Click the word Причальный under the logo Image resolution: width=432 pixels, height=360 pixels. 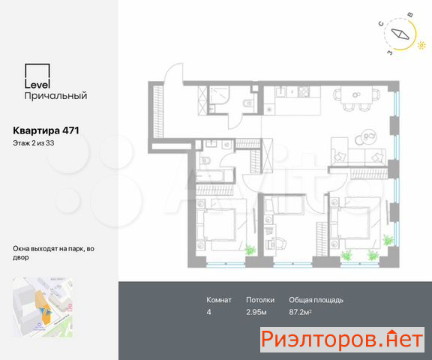pos(55,95)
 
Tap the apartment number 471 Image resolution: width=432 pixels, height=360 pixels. pos(70,130)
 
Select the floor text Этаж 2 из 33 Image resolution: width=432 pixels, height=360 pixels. pos(34,143)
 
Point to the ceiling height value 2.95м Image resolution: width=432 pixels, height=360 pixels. pos(256,312)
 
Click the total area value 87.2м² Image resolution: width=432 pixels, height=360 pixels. pos(300,312)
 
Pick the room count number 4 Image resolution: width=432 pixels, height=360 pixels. pos(208,312)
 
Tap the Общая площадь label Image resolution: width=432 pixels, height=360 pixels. pos(316,300)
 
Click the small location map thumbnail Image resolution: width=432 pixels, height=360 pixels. pos(43,307)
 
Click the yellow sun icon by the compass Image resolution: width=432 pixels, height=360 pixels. pos(421,45)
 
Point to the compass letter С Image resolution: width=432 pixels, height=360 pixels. pos(381,24)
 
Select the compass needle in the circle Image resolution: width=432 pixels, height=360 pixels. pos(400,34)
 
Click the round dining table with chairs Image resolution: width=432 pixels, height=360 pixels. pos(356,95)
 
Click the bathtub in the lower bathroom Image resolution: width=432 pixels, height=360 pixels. pos(210,175)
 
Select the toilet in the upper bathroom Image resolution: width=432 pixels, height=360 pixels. pos(247,103)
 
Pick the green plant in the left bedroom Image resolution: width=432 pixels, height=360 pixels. pos(250,250)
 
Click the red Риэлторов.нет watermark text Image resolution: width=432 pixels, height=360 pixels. pos(342,339)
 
